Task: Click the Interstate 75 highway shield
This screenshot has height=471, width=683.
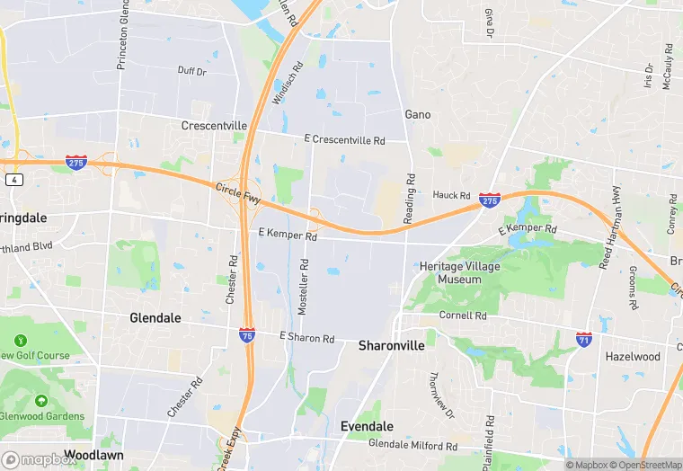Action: tap(247, 334)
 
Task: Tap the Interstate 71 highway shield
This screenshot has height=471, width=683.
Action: tap(584, 339)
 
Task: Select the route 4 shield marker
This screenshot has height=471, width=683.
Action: tap(13, 180)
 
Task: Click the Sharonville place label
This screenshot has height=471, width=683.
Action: tap(392, 345)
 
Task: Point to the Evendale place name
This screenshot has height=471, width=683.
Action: tap(369, 425)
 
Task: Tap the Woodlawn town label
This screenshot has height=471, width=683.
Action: tap(93, 456)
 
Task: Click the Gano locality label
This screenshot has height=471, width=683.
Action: tap(418, 115)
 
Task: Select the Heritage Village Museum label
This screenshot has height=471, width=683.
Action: tap(459, 273)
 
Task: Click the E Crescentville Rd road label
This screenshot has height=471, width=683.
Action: tap(344, 140)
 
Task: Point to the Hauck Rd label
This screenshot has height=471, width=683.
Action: tap(452, 195)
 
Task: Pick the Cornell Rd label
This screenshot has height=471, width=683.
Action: tap(463, 316)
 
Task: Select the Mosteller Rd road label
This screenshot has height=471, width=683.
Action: tap(303, 287)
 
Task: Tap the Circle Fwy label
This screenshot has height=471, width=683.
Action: tap(236, 191)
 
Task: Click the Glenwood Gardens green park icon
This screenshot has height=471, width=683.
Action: tap(40, 400)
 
